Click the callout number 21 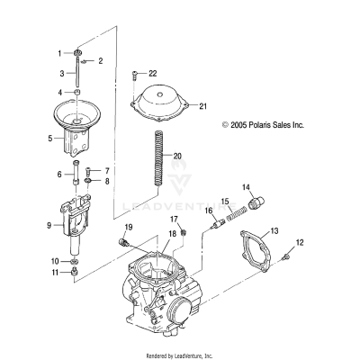click(x=202, y=105)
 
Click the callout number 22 click(x=152, y=72)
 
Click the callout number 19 click(x=128, y=226)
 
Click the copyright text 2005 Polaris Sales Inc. click(x=263, y=127)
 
